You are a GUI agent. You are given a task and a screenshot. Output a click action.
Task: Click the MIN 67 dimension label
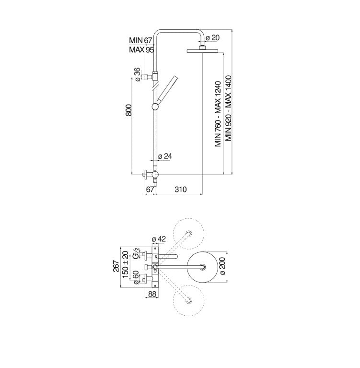[140, 41]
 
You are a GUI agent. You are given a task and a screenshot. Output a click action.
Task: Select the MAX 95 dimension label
[140, 50]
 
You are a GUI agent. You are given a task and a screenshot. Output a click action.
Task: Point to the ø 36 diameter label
[137, 75]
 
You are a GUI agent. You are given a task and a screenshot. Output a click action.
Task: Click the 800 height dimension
[128, 111]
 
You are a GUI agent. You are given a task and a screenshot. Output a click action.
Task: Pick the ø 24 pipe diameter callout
[165, 156]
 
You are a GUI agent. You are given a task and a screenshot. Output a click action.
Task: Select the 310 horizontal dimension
[180, 190]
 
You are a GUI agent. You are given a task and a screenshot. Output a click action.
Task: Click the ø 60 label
[137, 278]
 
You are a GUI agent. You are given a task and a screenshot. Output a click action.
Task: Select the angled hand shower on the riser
[167, 89]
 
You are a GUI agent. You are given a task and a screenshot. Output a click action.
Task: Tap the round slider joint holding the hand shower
[156, 106]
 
